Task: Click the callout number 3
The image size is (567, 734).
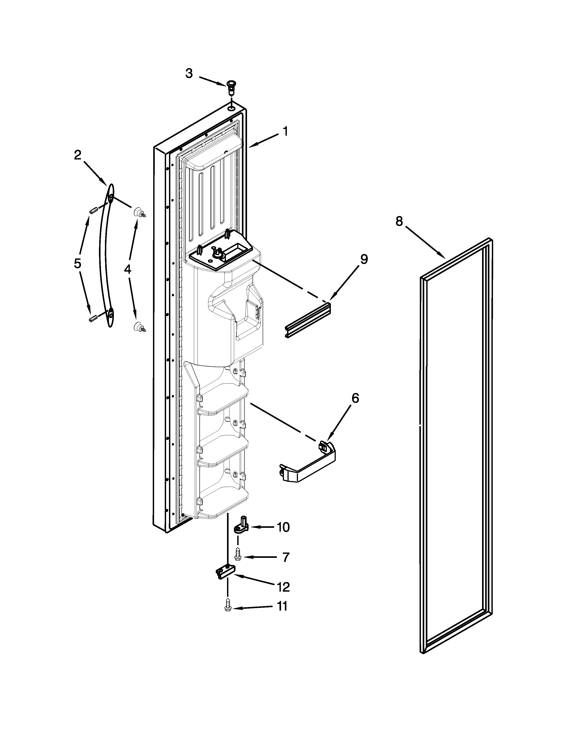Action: coord(189,73)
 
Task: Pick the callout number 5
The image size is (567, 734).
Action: coord(78,263)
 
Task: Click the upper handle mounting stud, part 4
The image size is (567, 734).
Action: coord(138,212)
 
